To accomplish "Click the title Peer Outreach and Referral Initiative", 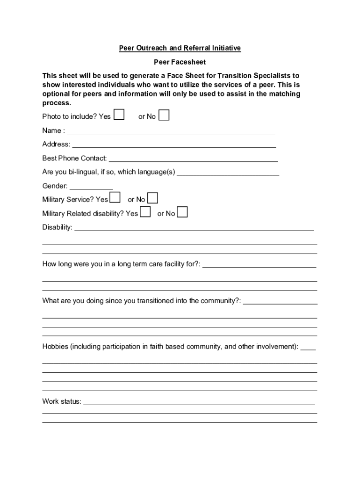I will coord(180,48).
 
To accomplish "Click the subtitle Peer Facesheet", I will coord(180,62).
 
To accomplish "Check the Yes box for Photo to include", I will coord(119,115).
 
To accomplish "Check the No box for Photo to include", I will coord(164,115).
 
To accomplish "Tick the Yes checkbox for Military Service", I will coord(115,198).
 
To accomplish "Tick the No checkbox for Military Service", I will coord(152,198).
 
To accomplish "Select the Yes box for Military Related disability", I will coord(145,212).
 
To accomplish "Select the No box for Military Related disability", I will coord(182,212).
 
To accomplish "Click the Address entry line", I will coord(173,146).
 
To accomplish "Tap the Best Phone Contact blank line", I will coord(193,160).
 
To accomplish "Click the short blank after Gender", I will coord(91,188).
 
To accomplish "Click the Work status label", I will coord(62,401).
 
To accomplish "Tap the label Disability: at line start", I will coord(58,227).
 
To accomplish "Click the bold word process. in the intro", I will coord(57,103).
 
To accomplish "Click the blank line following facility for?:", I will coord(259,266).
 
